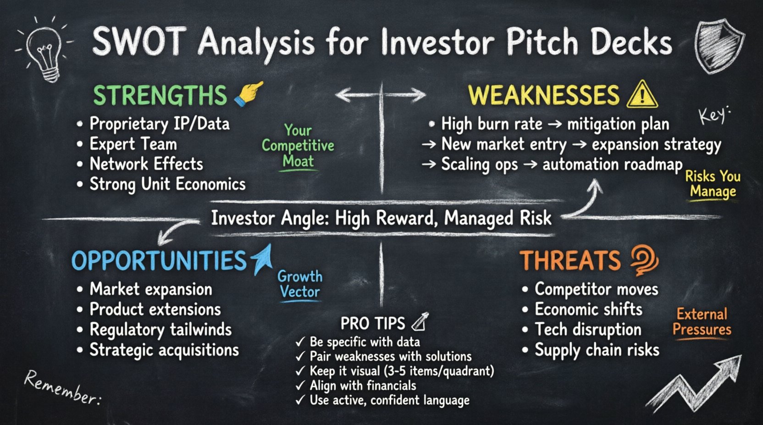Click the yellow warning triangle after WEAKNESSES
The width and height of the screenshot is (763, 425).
pos(642,94)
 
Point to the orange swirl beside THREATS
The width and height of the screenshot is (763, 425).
pos(644,260)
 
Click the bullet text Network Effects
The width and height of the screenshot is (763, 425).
pos(146,164)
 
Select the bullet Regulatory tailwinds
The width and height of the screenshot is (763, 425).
pos(160,329)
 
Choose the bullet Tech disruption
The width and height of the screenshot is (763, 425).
pos(588,329)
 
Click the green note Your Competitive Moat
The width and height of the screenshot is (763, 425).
pos(298,146)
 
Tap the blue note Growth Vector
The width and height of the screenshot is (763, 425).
pos(300,284)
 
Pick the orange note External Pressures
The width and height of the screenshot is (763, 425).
pos(702,321)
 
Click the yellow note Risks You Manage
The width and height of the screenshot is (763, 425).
pos(713,183)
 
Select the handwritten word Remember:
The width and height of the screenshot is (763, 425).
pos(62,387)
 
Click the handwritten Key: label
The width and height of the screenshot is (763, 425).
pos(713,114)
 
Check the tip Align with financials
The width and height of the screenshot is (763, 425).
pos(362,386)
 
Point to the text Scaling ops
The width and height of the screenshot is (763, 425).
pos(479,164)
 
